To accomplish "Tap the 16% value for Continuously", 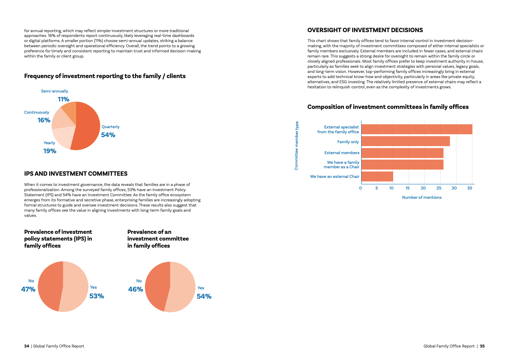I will (44, 120).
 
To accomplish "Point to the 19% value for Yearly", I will (50, 151).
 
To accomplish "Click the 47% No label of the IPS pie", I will (28, 289).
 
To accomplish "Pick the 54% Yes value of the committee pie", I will (204, 296).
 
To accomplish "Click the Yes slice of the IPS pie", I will (76, 287).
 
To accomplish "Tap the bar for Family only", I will (405, 141).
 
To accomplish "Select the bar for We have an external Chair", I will (377, 176).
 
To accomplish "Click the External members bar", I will (402, 153).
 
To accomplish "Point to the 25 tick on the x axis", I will (439, 188).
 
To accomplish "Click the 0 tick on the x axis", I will (360, 188).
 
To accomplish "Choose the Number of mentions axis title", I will (422, 198).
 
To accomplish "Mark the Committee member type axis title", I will (296, 145).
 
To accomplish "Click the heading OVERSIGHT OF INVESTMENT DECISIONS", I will (365, 30).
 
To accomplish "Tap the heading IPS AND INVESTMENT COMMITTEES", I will (76, 174).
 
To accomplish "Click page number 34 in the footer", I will (27, 346).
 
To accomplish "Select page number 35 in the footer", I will (482, 346).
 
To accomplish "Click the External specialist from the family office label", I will (338, 129).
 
